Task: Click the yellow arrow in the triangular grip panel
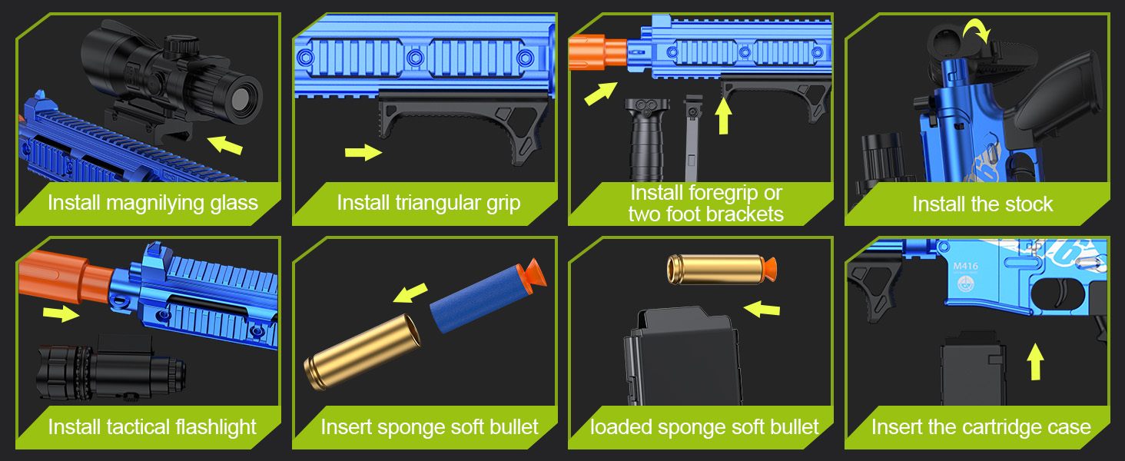coord(363,152)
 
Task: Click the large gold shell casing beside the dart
coord(363,352)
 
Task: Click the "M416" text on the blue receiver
coord(965,267)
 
